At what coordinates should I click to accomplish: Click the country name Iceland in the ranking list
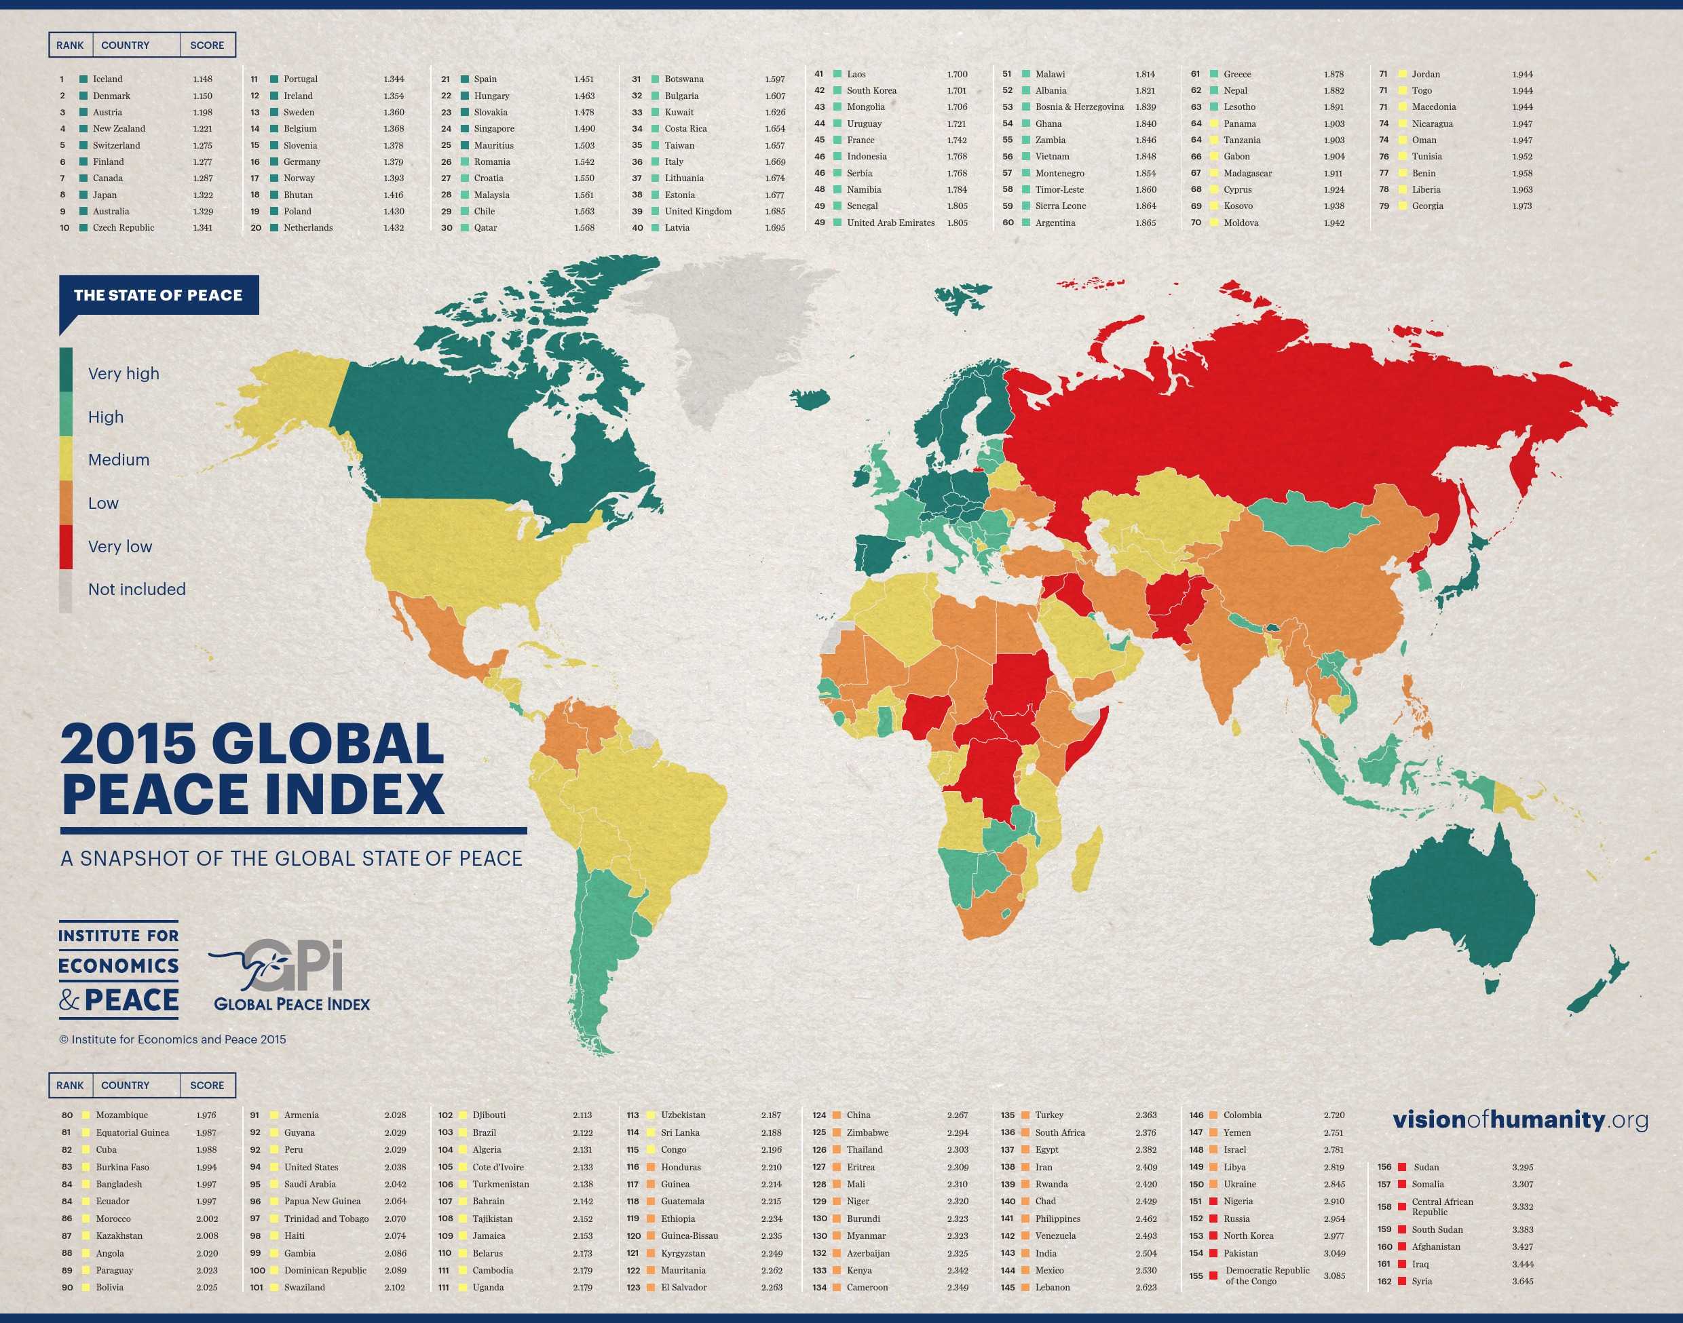pos(108,79)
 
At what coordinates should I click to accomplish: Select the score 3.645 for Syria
pos(1522,1280)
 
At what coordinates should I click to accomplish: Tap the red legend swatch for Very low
pos(66,546)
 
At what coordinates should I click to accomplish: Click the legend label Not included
pos(136,589)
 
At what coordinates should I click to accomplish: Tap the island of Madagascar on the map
pos(1088,860)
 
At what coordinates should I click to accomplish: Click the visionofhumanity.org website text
pos(1519,1119)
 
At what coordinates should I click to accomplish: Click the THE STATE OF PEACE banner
pos(158,295)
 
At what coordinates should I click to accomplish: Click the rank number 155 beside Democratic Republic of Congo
pos(1196,1275)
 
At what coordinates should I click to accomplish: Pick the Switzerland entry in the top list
pos(116,145)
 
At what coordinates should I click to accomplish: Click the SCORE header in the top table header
pos(207,45)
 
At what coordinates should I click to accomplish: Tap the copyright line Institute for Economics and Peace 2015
pos(172,1039)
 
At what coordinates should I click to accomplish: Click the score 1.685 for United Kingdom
pos(774,211)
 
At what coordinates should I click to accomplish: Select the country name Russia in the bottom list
pos(1236,1219)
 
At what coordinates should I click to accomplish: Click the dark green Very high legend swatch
pos(66,370)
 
